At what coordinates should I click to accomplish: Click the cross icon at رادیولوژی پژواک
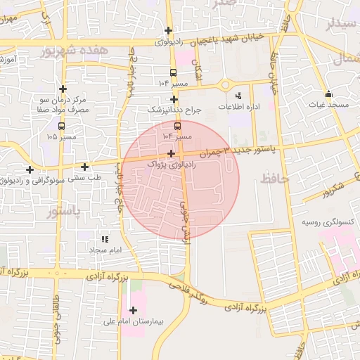tap(172, 153)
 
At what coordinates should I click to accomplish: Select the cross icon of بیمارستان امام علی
tap(133, 310)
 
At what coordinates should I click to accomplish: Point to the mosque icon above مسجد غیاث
tap(328, 94)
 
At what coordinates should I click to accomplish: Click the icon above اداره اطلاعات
tap(238, 95)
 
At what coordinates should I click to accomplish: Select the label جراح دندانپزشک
tap(174, 110)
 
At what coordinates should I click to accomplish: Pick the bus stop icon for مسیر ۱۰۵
tap(63, 127)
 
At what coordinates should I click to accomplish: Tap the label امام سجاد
tap(105, 250)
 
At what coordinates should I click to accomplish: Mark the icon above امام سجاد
tap(105, 239)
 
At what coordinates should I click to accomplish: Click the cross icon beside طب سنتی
tap(85, 167)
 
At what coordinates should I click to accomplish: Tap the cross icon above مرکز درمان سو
tap(63, 89)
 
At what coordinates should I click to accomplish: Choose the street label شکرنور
tap(328, 189)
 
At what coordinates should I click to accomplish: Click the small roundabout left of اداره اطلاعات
tap(225, 85)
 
